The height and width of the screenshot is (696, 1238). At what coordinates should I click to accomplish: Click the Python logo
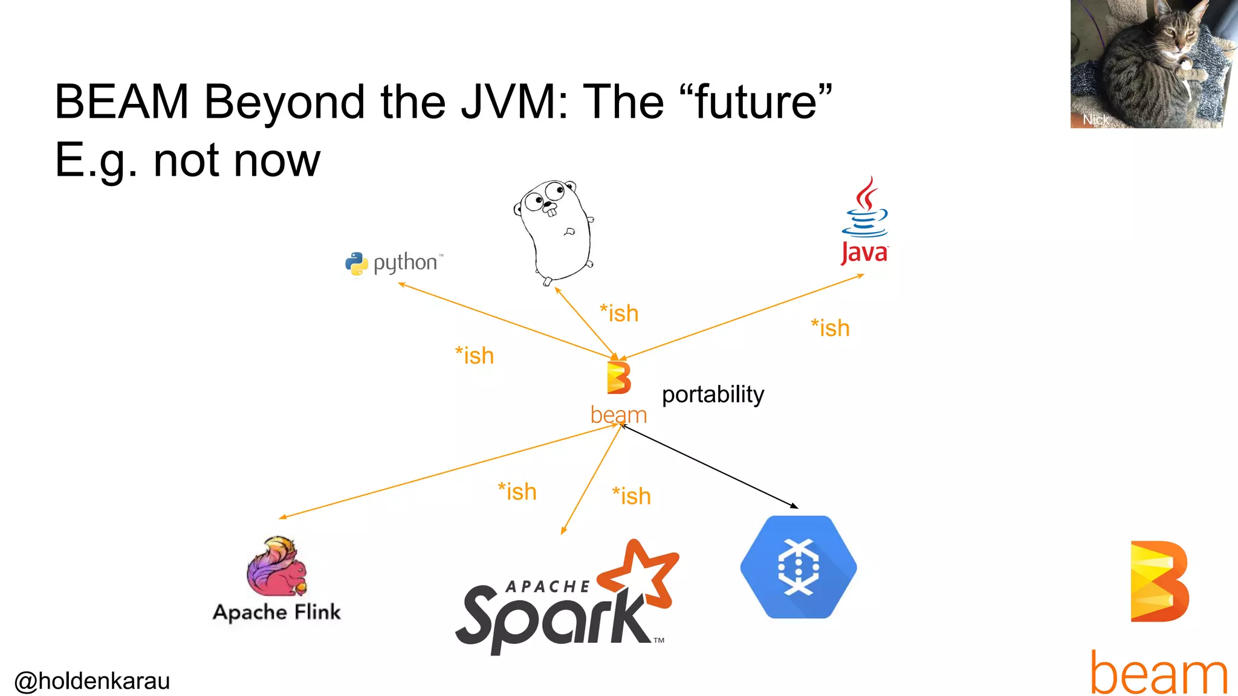pyautogui.click(x=357, y=264)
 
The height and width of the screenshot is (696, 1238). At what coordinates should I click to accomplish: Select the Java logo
pyautogui.click(x=864, y=221)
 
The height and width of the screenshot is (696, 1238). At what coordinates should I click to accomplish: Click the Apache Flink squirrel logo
pyautogui.click(x=277, y=567)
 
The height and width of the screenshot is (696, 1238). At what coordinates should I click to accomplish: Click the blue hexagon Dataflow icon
pyautogui.click(x=798, y=567)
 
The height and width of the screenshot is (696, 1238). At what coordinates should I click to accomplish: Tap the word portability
pyautogui.click(x=713, y=395)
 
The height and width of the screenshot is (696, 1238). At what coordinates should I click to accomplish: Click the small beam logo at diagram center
pyautogui.click(x=618, y=378)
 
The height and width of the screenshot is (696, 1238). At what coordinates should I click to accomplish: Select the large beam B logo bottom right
pyautogui.click(x=1159, y=581)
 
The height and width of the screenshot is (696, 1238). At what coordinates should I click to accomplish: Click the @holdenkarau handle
pyautogui.click(x=92, y=681)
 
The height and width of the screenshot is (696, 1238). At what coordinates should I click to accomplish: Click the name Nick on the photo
pyautogui.click(x=1095, y=120)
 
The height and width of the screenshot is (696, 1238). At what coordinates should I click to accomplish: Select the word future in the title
pyautogui.click(x=756, y=101)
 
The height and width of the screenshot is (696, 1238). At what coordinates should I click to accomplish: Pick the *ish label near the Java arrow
pyautogui.click(x=830, y=328)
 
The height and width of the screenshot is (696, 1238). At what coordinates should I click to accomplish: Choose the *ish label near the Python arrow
pyautogui.click(x=475, y=356)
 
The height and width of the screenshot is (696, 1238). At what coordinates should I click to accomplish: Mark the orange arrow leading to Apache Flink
pyautogui.click(x=447, y=472)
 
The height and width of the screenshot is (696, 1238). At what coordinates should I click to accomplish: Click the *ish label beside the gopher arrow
pyautogui.click(x=619, y=314)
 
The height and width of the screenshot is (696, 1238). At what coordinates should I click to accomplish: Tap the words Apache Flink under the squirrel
pyautogui.click(x=277, y=612)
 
